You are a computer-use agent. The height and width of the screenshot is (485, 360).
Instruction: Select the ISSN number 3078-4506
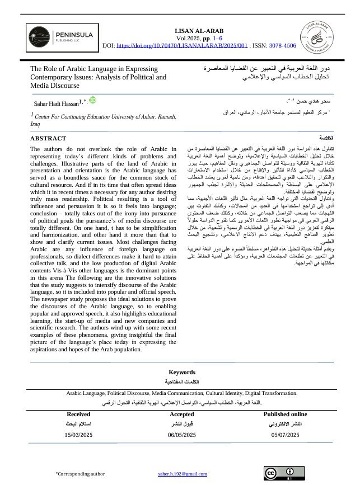point(282,45)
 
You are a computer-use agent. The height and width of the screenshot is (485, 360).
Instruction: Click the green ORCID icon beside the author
point(92,100)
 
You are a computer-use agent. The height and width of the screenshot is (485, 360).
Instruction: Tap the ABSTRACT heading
point(48,138)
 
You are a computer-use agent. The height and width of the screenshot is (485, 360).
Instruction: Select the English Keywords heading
point(181,372)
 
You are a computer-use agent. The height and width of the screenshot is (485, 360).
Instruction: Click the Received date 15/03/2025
point(78,434)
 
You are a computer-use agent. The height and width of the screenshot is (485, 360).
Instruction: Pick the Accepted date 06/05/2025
point(181,434)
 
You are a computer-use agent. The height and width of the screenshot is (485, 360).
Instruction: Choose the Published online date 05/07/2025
point(286,434)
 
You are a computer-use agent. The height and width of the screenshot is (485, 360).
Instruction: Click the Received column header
point(78,414)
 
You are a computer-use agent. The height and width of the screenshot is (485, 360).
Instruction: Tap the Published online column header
point(285,414)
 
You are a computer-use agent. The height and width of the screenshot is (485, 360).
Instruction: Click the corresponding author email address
point(183,474)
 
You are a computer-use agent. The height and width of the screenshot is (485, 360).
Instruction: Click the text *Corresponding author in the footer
point(80,474)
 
